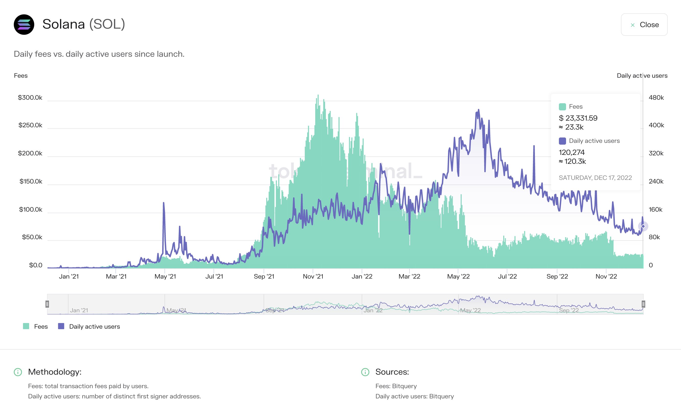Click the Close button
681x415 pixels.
point(644,25)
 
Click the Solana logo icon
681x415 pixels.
point(24,25)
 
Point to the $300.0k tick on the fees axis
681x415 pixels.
point(30,98)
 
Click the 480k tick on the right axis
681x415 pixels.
point(656,98)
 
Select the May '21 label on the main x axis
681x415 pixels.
point(165,276)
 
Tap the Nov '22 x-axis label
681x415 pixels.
point(606,276)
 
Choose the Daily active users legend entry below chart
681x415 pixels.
point(89,326)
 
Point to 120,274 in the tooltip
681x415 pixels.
point(572,152)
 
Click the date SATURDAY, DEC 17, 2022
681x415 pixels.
point(595,178)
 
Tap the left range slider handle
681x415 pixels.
point(47,304)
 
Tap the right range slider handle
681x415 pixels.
point(643,304)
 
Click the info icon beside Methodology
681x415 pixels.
point(18,372)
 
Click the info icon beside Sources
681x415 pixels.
point(365,372)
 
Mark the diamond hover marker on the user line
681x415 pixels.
point(643,226)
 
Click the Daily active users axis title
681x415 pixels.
point(642,75)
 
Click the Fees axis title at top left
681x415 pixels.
point(21,75)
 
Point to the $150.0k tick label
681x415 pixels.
point(31,181)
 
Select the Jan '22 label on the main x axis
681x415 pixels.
point(362,276)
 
